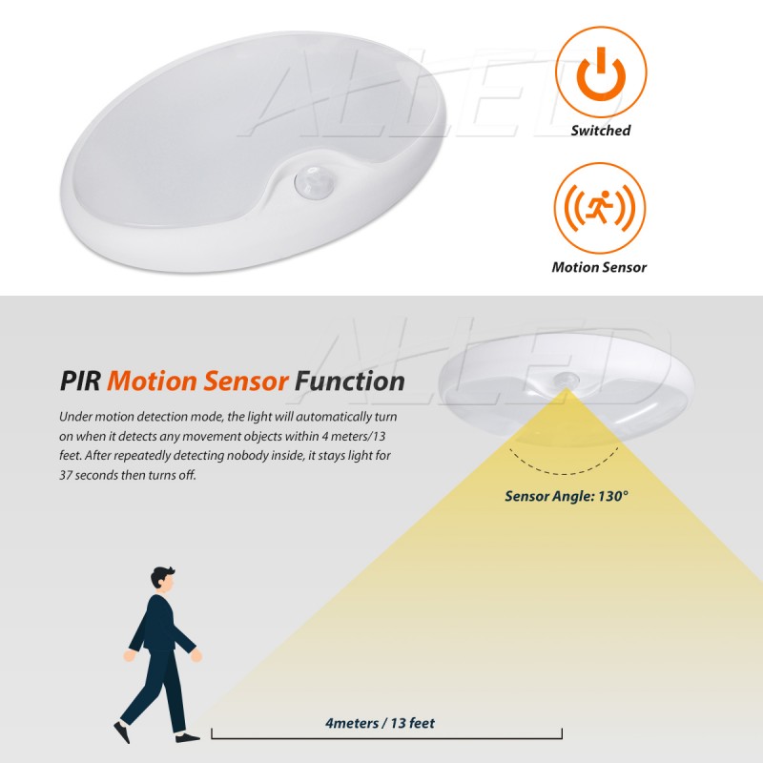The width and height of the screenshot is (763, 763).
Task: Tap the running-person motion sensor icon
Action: click(x=600, y=208)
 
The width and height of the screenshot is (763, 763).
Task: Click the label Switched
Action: click(x=600, y=131)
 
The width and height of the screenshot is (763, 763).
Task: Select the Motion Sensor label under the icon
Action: click(x=599, y=267)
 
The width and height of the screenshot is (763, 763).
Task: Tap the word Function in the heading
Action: click(x=349, y=381)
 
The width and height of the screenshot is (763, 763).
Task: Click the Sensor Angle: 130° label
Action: click(x=567, y=496)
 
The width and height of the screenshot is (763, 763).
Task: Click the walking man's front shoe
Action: click(x=189, y=736)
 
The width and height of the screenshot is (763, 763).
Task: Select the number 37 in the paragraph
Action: click(x=68, y=474)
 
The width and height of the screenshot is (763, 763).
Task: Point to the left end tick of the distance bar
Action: click(x=212, y=733)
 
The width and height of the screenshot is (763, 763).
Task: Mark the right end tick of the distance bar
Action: click(x=562, y=733)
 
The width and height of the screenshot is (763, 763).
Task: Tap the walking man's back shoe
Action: click(x=122, y=732)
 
